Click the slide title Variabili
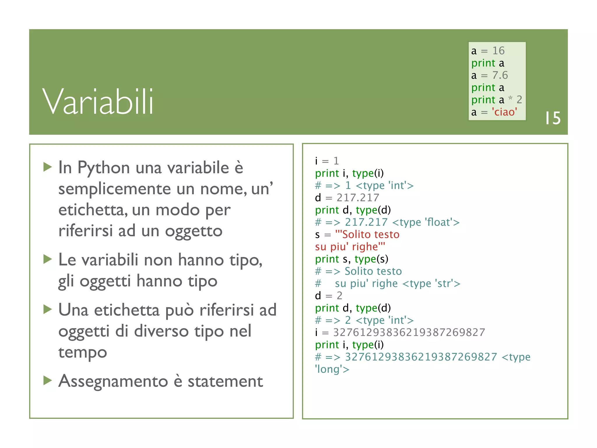point(98,102)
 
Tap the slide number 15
point(553,118)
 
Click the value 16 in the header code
point(498,51)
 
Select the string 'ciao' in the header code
point(504,112)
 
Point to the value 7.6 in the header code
point(500,75)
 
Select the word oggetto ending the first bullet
point(194,231)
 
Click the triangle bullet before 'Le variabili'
point(48,259)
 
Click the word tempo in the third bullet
point(82,352)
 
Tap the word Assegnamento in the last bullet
point(113,381)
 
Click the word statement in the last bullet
point(225,381)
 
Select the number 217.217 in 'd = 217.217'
point(358,198)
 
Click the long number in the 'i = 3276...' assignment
point(409,332)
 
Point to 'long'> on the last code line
point(332,369)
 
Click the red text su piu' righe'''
point(350,247)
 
